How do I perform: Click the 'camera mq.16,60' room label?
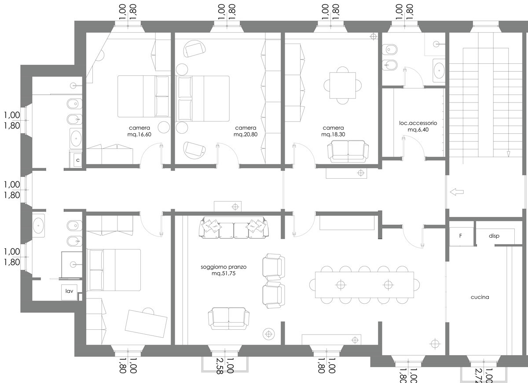coord(139,131)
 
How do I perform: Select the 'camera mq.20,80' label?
coord(246,131)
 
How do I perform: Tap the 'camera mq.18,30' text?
coord(333,131)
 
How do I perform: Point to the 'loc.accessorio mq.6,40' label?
coord(418,126)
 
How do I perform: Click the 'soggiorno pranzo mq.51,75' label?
coord(224,270)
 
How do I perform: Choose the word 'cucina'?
coord(480,297)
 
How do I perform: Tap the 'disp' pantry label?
coord(494,236)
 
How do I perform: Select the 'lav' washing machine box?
coord(70,292)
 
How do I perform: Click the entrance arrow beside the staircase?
coord(457,192)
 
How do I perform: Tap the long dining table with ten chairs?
coord(364,285)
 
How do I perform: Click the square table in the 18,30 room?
coord(342,85)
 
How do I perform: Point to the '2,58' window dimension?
coord(220,366)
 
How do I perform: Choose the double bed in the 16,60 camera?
coord(144,96)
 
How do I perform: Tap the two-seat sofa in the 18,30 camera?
coord(348,151)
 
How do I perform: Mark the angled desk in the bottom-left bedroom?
coord(146,324)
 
